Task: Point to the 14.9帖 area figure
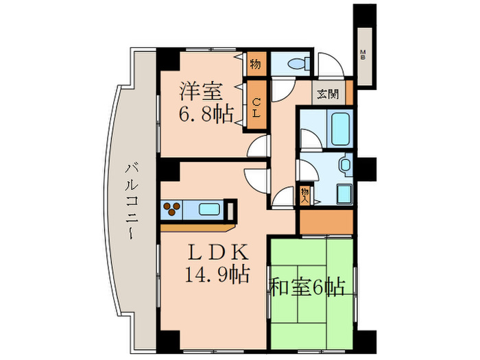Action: coord(215,275)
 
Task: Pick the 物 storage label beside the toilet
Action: coord(255,65)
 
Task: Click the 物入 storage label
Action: coord(305,194)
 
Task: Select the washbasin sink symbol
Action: coord(344,165)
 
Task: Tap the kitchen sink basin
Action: coord(209,208)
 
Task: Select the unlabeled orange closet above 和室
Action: coord(325,221)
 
